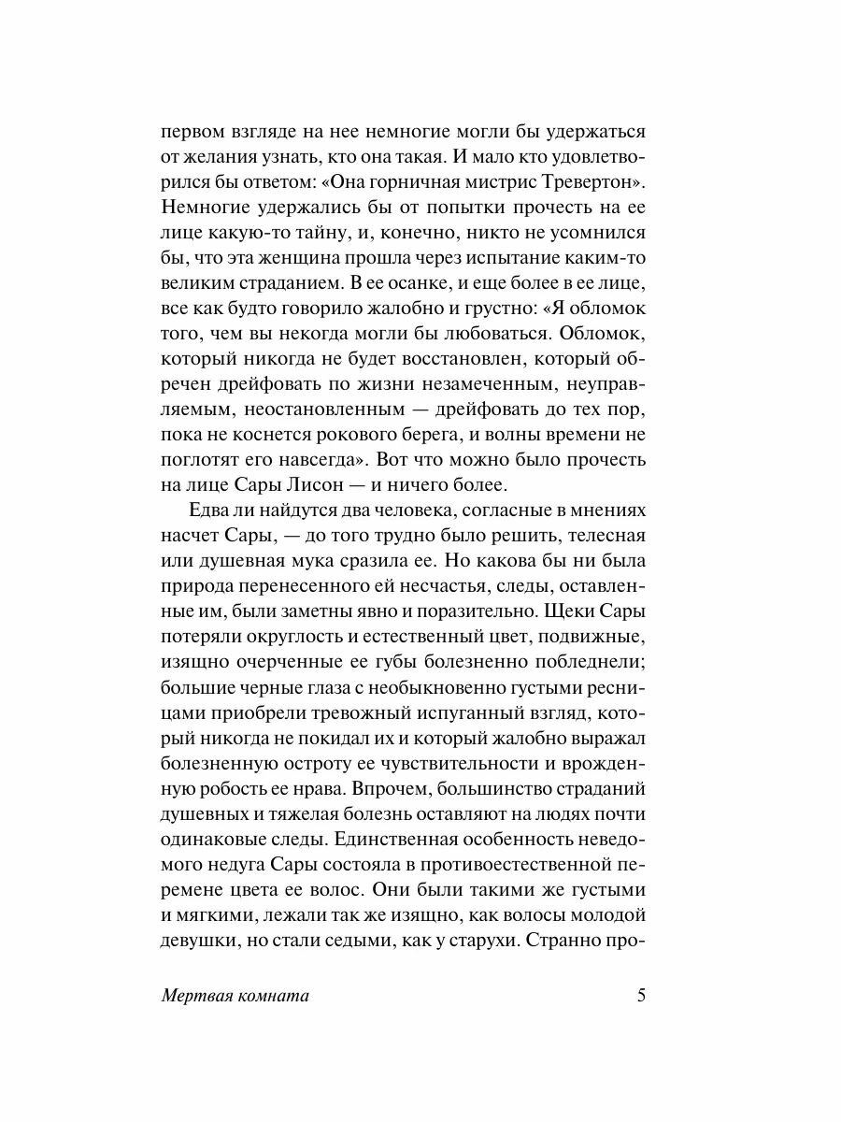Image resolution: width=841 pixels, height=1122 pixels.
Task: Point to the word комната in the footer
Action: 273,996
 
